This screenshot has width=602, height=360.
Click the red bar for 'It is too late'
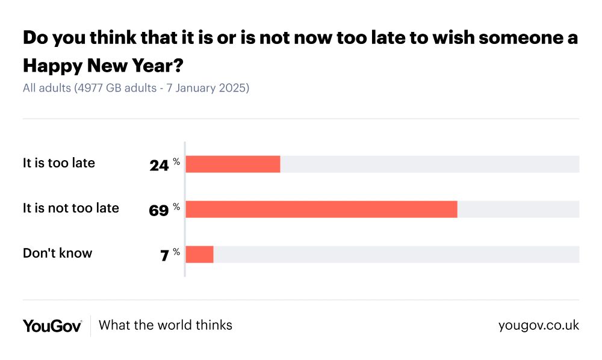point(233,164)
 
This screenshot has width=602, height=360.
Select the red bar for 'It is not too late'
point(321,209)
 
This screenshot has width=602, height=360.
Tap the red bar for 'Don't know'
point(199,255)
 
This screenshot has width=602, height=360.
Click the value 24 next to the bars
point(159,166)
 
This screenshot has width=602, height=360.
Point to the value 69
point(159,211)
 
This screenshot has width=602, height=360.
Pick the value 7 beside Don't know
point(164,256)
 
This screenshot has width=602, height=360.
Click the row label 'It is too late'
point(59,163)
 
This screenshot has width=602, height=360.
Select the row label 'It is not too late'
point(71,208)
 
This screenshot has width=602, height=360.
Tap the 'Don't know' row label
point(58,253)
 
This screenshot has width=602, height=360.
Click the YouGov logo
point(52,326)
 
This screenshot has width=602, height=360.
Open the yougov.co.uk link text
point(539,325)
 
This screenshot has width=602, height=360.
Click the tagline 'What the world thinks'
point(166,325)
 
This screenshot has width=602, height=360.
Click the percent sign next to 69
point(176,206)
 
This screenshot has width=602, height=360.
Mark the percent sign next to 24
point(176,161)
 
